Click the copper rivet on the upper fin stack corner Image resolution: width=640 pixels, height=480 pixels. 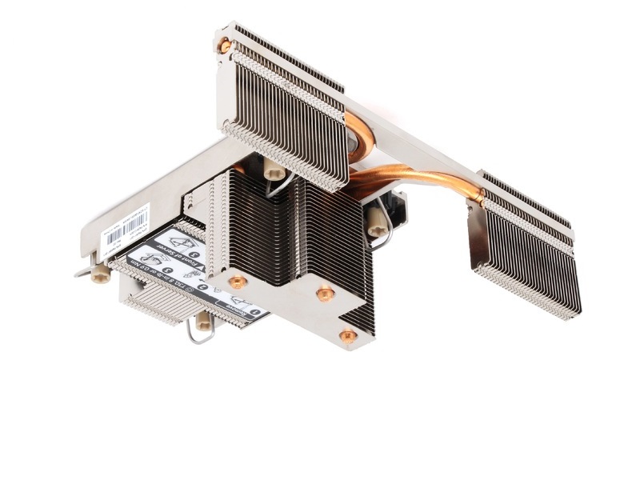[x=226, y=46]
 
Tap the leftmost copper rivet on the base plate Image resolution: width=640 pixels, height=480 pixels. [x=238, y=282]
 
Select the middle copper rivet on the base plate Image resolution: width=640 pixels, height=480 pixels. [x=324, y=294]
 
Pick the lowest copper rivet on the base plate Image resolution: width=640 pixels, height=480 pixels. [x=348, y=336]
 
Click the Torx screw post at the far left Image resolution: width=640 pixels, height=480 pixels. [x=100, y=274]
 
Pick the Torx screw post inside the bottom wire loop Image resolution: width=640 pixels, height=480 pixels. [x=203, y=321]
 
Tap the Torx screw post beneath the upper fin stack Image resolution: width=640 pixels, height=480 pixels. [x=274, y=170]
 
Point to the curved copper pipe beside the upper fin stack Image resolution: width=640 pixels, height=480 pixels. [x=365, y=139]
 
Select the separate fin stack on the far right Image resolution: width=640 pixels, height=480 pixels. [x=524, y=248]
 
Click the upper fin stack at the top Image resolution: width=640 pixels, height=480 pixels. [x=284, y=104]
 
